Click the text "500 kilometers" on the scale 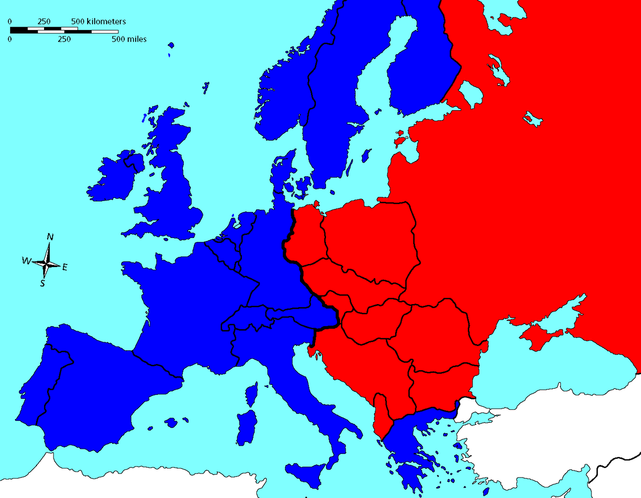click(98, 22)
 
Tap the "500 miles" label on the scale click(129, 39)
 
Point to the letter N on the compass click(50, 237)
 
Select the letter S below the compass click(43, 284)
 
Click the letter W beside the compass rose click(26, 261)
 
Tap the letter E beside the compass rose click(65, 268)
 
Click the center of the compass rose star click(47, 263)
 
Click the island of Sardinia click(246, 426)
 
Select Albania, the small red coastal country click(381, 416)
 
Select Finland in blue click(421, 75)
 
